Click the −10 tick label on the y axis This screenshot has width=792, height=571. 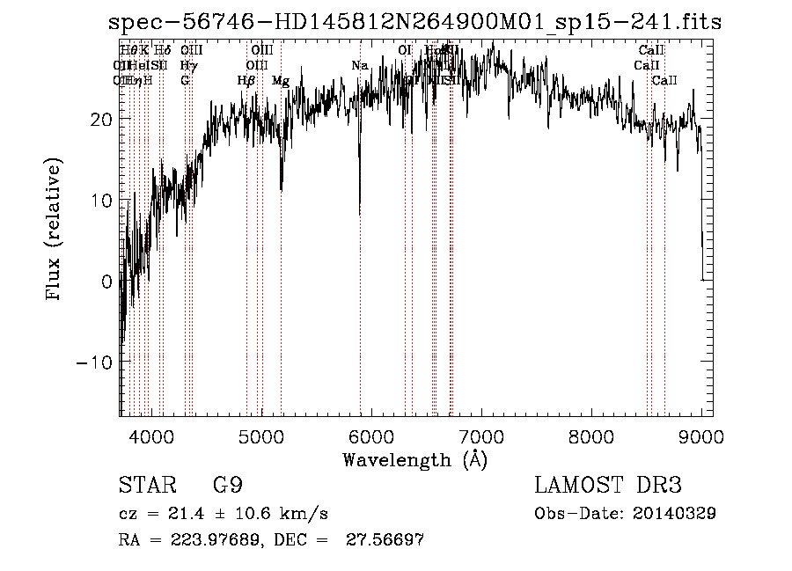click(x=95, y=362)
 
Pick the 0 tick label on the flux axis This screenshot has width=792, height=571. click(x=107, y=282)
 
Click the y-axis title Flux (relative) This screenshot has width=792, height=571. click(x=55, y=231)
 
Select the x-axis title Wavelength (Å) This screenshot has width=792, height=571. click(x=414, y=459)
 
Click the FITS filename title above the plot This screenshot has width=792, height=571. click(x=414, y=22)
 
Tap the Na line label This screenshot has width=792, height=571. click(x=359, y=66)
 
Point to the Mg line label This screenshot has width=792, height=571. click(x=281, y=81)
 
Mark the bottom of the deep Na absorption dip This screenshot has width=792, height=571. click(x=359, y=213)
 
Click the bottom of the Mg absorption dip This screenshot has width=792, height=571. click(x=281, y=189)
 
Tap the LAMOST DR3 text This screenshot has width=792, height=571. click(x=607, y=485)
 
